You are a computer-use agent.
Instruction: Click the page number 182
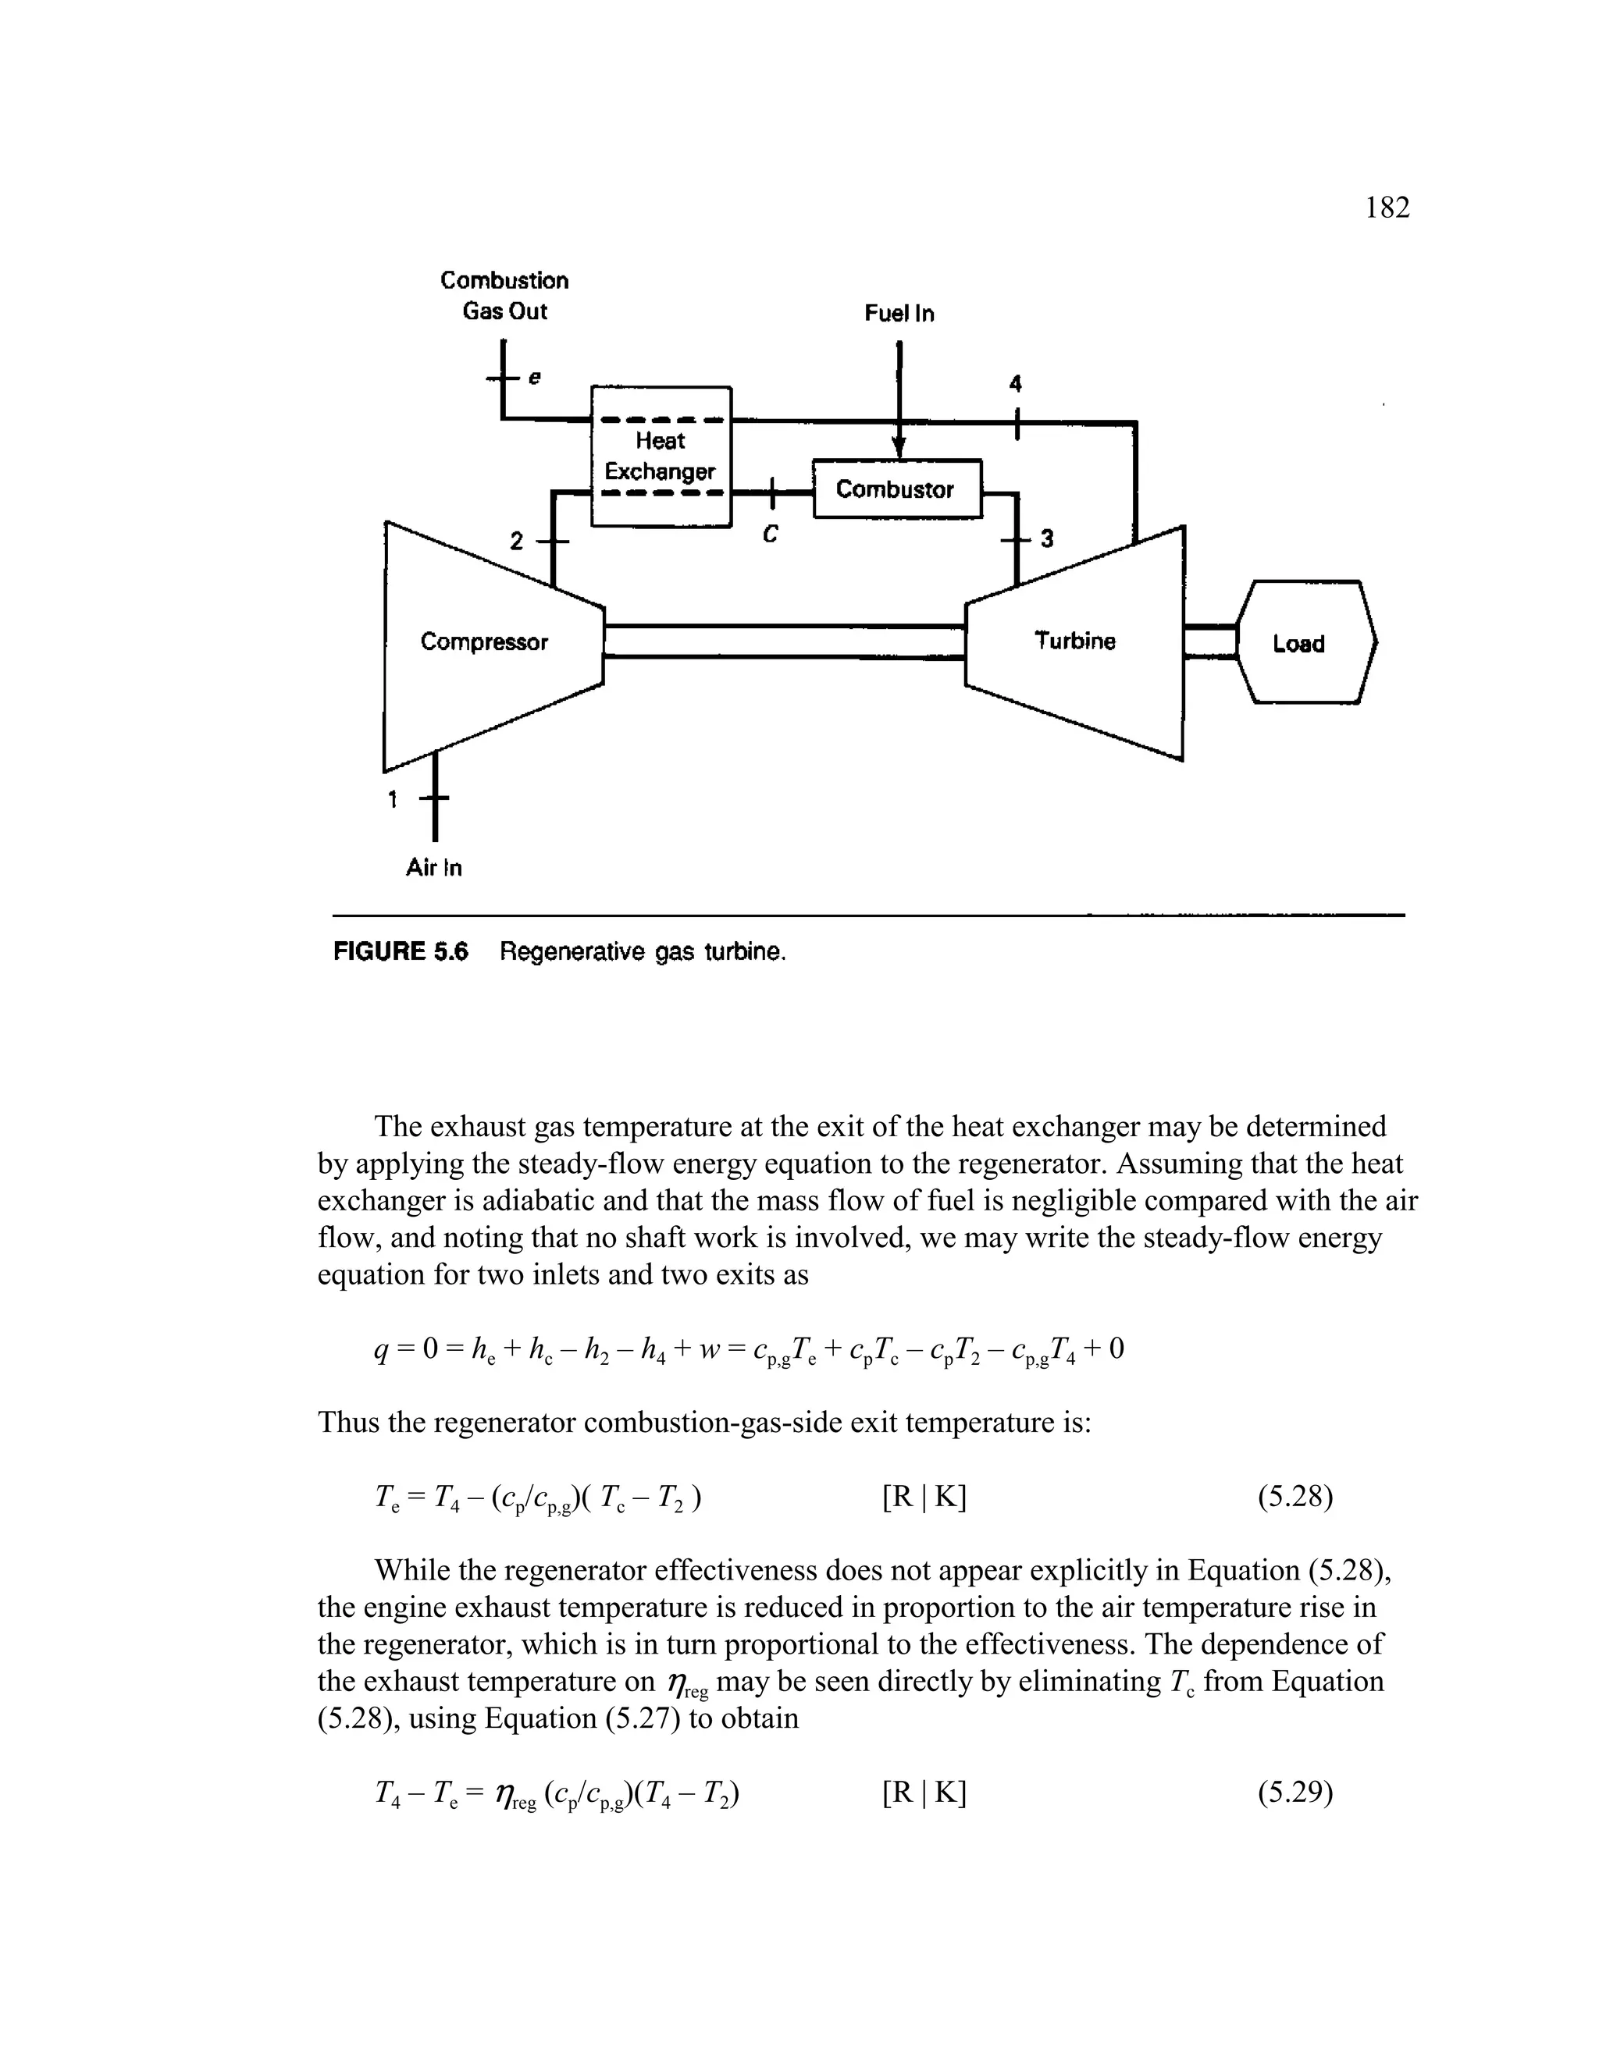pos(1387,208)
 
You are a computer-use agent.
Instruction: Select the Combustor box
pos(896,489)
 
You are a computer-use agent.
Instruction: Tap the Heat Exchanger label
pos(661,456)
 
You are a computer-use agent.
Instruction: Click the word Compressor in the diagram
pos(484,642)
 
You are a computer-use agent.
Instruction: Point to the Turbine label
pos(1075,641)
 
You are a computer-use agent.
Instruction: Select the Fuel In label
pos(899,314)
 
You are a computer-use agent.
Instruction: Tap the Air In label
pos(434,867)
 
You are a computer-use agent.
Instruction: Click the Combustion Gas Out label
pos(505,296)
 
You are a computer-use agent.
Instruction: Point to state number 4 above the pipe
pos(1016,383)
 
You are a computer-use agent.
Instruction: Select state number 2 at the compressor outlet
pos(516,542)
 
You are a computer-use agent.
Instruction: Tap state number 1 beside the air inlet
pos(392,799)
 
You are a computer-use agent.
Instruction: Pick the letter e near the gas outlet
pos(534,377)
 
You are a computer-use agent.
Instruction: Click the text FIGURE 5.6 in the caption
pos(401,951)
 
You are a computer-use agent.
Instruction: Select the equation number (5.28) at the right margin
pos(1295,1497)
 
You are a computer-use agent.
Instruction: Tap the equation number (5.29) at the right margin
pos(1295,1793)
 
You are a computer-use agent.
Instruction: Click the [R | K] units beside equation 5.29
pos(924,1793)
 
